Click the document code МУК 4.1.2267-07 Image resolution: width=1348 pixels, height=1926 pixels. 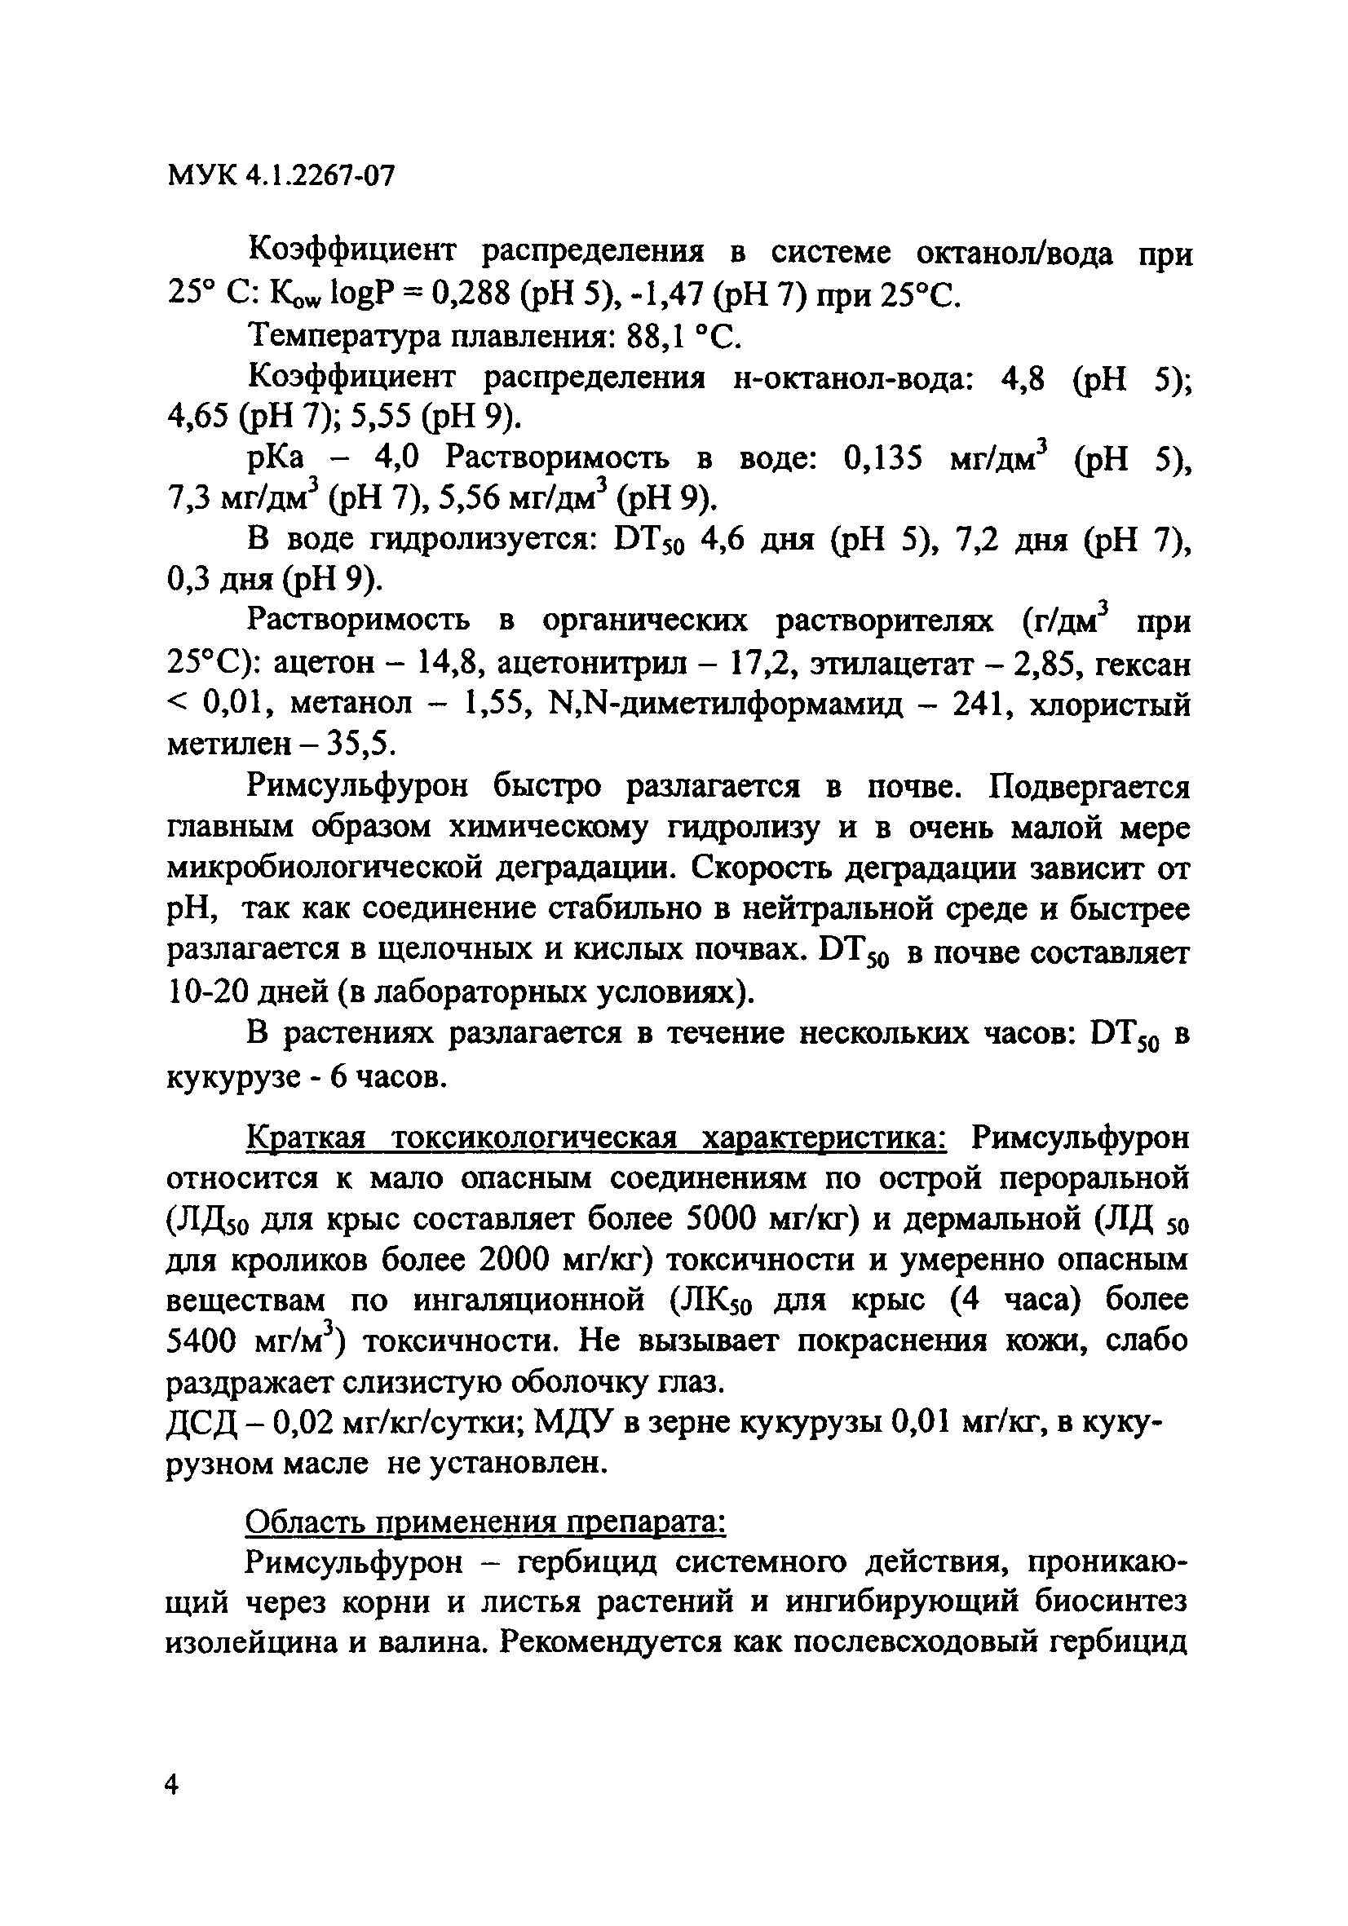281,176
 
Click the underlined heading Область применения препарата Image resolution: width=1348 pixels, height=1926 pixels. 485,1521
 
